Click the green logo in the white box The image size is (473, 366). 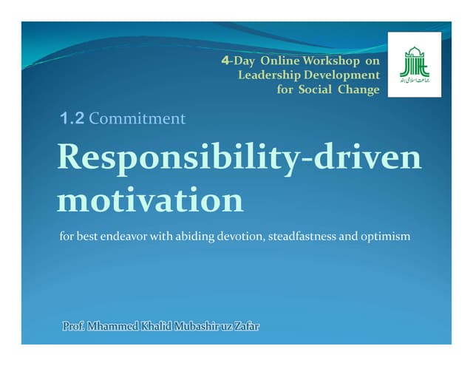point(415,65)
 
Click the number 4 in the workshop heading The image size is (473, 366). point(225,61)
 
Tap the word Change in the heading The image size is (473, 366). point(360,90)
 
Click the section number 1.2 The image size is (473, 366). point(72,118)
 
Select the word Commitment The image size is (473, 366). point(137,118)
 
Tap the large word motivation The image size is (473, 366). point(150,199)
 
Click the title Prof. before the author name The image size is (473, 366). point(74,326)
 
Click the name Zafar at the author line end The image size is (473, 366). point(248,326)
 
